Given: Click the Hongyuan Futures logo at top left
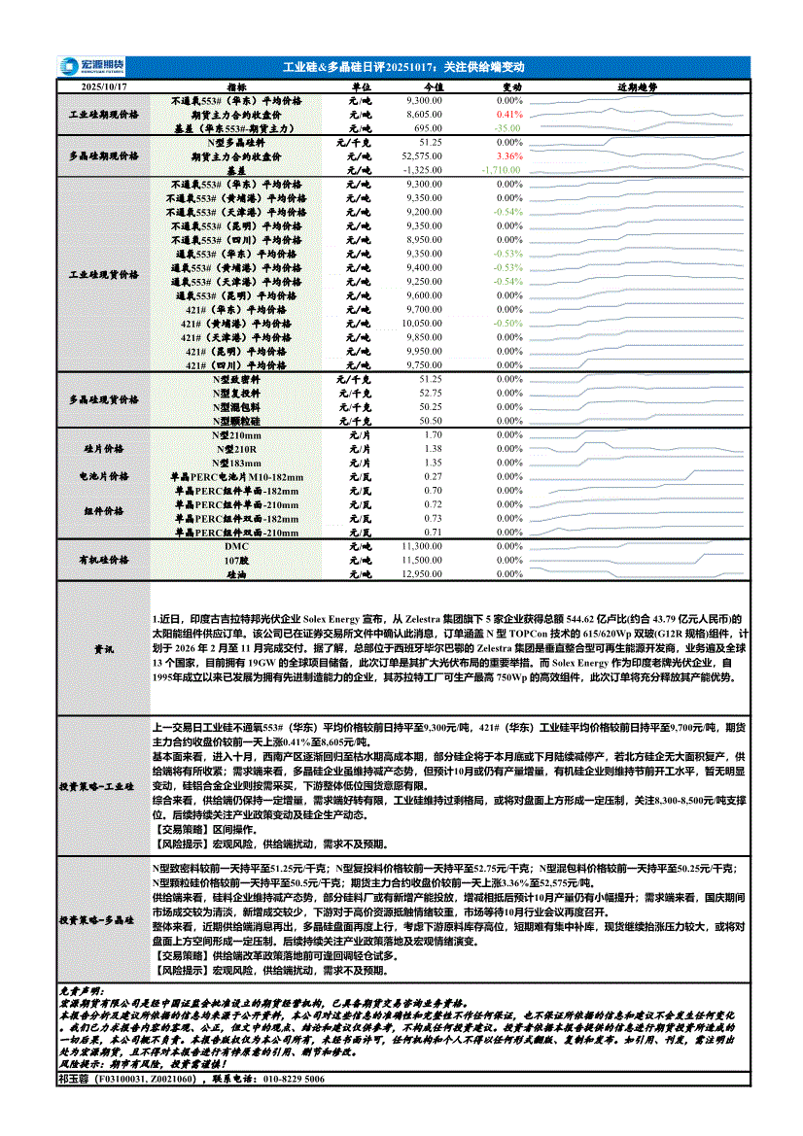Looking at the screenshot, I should (85, 66).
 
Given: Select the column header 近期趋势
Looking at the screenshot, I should (637, 86).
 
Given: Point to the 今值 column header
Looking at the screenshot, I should (435, 86).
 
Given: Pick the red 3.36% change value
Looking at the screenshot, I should (509, 155).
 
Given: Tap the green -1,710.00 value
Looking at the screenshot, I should (503, 169).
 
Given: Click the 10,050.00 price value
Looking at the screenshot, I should (422, 323).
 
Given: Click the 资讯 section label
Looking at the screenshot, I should (103, 647).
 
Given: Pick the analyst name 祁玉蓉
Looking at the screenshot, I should (73, 1079).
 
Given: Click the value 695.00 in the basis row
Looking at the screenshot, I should (428, 128).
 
